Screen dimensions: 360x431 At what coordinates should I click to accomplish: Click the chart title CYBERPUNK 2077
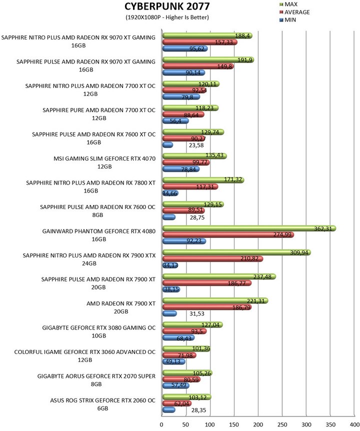pyautogui.click(x=167, y=6)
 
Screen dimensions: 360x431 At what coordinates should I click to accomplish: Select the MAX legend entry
pyautogui.click(x=288, y=4)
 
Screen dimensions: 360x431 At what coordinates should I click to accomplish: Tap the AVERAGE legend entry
pyautogui.click(x=294, y=12)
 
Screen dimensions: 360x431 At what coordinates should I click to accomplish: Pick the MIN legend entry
pyautogui.click(x=287, y=20)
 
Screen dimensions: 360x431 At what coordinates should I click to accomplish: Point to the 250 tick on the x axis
pyautogui.click(x=282, y=424)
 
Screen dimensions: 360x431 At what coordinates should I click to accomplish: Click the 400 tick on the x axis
pyautogui.click(x=354, y=424)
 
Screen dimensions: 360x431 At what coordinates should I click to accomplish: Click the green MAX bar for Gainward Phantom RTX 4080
pyautogui.click(x=249, y=228)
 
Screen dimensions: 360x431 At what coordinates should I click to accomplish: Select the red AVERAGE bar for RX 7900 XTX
pyautogui.click(x=212, y=259)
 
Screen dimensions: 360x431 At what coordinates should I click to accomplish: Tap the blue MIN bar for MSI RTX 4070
pyautogui.click(x=181, y=169)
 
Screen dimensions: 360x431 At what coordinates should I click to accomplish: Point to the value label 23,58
pyautogui.click(x=196, y=145)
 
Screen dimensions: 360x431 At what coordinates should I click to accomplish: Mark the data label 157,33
pyautogui.click(x=223, y=42)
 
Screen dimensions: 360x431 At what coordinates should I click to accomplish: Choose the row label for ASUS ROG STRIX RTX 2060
pyautogui.click(x=102, y=404)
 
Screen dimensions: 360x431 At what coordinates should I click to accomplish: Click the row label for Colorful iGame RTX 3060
pyautogui.click(x=84, y=356)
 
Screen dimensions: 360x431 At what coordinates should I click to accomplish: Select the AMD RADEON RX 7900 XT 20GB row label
pyautogui.click(x=121, y=307)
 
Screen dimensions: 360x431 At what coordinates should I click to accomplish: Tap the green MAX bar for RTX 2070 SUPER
pyautogui.click(x=187, y=373)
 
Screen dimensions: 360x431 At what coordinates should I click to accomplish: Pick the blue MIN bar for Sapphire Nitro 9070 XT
pyautogui.click(x=185, y=48)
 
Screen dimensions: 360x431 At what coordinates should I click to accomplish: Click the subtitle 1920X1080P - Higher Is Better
pyautogui.click(x=167, y=17)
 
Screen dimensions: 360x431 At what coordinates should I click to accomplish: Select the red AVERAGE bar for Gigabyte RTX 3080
pyautogui.click(x=184, y=331)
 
